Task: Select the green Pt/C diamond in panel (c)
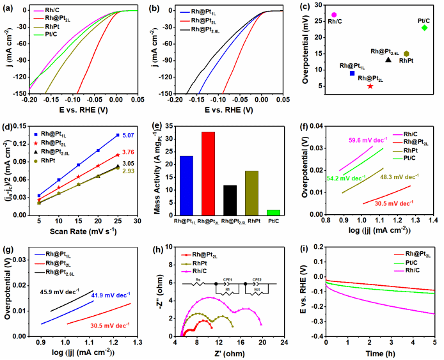point(424,27)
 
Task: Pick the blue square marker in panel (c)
point(352,74)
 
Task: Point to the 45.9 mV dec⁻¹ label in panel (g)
point(45,293)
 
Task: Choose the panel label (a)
point(8,7)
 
